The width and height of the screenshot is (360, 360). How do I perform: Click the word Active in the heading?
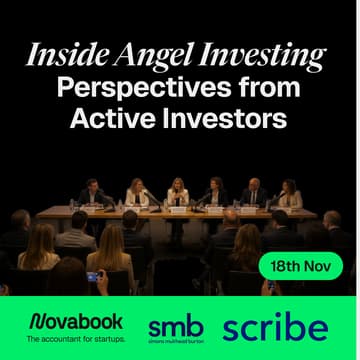[108, 118]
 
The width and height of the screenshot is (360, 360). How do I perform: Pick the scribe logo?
[274, 327]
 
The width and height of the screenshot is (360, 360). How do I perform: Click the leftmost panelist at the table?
[90, 192]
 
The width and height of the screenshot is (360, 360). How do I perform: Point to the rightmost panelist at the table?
[290, 192]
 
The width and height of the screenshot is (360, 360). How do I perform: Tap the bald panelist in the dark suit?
[252, 193]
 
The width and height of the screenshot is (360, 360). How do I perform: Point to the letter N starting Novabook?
[37, 322]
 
